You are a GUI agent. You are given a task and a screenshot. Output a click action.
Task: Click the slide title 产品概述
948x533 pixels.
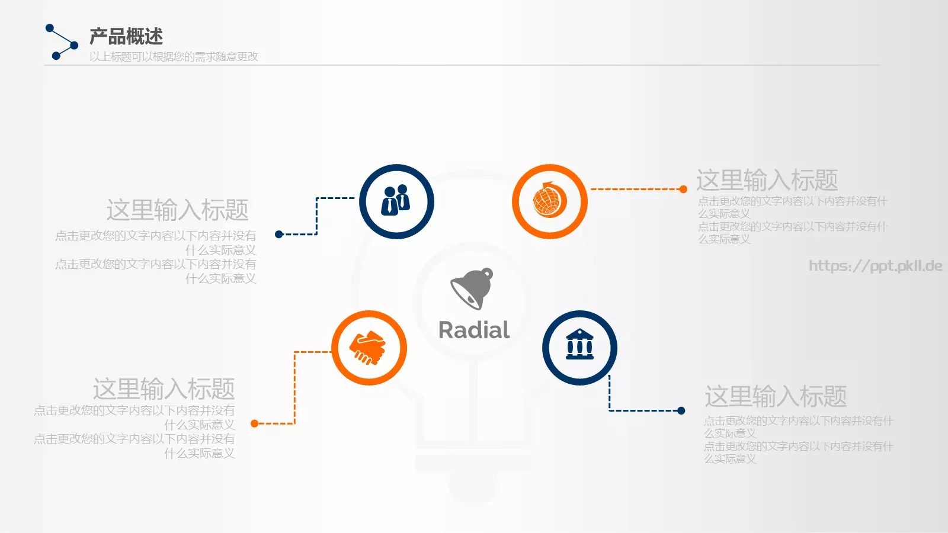pyautogui.click(x=126, y=36)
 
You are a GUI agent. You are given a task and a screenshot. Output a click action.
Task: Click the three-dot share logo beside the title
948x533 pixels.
pyautogui.click(x=62, y=42)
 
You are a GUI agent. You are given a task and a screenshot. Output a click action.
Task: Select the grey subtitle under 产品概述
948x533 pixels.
pyautogui.click(x=174, y=57)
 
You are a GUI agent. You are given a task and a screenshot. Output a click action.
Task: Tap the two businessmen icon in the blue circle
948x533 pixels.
pyautogui.click(x=396, y=200)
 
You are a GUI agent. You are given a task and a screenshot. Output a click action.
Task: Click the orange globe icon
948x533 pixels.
pyautogui.click(x=549, y=200)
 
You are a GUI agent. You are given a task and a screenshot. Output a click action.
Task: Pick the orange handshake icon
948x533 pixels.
pyautogui.click(x=368, y=347)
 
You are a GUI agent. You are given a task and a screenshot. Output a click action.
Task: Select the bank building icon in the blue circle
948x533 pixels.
pyautogui.click(x=579, y=344)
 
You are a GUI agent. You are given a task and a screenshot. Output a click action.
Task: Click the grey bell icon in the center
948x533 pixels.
pyautogui.click(x=472, y=288)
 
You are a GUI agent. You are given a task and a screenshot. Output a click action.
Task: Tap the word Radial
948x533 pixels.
pyautogui.click(x=474, y=330)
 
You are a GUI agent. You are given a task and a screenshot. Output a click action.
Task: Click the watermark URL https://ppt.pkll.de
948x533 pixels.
pyautogui.click(x=876, y=266)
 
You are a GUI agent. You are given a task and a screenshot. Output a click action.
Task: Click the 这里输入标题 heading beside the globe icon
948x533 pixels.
pyautogui.click(x=767, y=180)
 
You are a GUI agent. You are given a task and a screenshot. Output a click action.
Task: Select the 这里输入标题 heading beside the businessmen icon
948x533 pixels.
pyautogui.click(x=177, y=210)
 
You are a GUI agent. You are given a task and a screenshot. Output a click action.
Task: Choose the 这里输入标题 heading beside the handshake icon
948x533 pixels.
pyautogui.click(x=164, y=388)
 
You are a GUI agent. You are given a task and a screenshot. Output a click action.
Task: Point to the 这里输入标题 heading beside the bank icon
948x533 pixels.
pyautogui.click(x=776, y=396)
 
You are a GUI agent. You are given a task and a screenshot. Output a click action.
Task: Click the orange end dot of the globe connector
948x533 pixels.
pyautogui.click(x=683, y=189)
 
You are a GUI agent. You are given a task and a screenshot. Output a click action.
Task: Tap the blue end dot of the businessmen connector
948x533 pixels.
pyautogui.click(x=278, y=234)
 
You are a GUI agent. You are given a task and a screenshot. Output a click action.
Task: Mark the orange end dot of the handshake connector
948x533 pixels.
pyautogui.click(x=254, y=423)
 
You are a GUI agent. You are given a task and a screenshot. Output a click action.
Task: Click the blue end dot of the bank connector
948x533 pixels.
pyautogui.click(x=681, y=410)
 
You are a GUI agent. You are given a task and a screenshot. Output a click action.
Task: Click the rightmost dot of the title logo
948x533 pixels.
pyautogui.click(x=74, y=45)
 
